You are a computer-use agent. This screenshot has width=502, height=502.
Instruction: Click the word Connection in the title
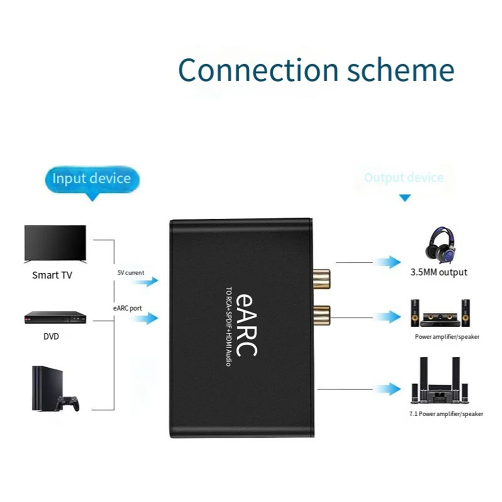click(x=258, y=70)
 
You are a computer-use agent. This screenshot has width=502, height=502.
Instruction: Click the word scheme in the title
click(x=401, y=70)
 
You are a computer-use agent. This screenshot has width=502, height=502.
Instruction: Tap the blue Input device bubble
click(x=92, y=179)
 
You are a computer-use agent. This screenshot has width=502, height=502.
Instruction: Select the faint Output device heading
click(x=404, y=178)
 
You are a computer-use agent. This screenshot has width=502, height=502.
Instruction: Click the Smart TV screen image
click(x=55, y=244)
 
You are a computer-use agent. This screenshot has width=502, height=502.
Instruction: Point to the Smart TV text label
click(x=52, y=275)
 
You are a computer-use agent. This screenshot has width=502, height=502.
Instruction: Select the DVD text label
click(x=51, y=336)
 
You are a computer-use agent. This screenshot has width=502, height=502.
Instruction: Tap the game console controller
click(x=68, y=403)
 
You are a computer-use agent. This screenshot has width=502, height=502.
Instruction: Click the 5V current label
click(x=131, y=273)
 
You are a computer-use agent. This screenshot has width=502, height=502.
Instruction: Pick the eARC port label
click(x=128, y=308)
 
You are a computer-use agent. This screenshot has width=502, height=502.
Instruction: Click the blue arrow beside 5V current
click(x=146, y=282)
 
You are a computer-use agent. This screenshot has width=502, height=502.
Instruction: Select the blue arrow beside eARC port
click(x=146, y=319)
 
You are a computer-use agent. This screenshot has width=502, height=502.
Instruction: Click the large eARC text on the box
click(x=246, y=324)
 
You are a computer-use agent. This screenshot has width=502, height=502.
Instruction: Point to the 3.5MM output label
click(x=438, y=272)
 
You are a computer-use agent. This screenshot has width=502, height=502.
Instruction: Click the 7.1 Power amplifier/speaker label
click(x=446, y=414)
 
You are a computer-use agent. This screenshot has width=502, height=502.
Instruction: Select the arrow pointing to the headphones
click(x=388, y=262)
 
